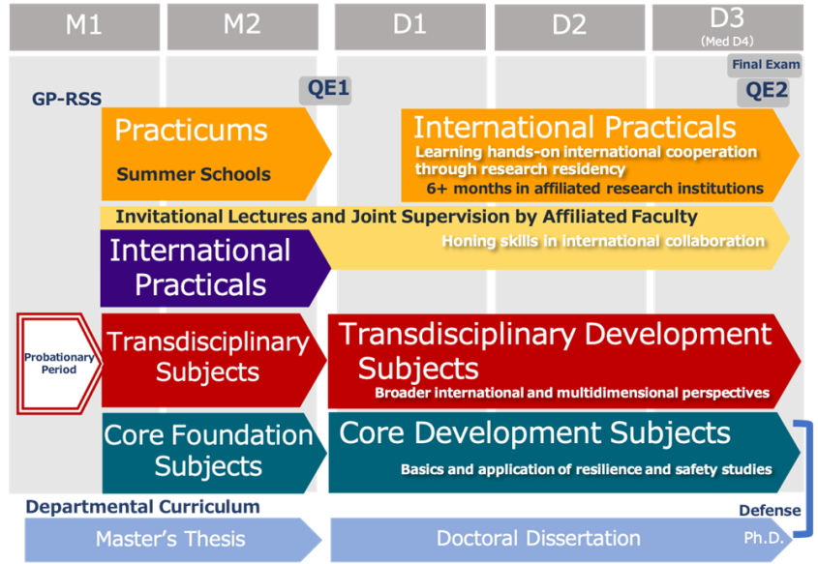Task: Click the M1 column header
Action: coord(84,27)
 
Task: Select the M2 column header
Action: coord(243,27)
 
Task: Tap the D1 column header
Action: coord(410,27)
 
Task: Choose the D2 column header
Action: coord(569,27)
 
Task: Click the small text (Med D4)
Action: coord(727,42)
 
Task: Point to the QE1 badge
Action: coord(325,90)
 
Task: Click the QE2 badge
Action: coord(763,92)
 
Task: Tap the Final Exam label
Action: coord(766,65)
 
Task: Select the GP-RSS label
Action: coord(67,99)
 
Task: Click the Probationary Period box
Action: coord(59,364)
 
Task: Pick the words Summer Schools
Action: coord(194,174)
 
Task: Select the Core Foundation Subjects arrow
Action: coord(214,453)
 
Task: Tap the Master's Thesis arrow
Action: coord(173,539)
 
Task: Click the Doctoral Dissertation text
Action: coord(538,539)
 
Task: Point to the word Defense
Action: coord(770,511)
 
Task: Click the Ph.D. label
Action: coord(764,538)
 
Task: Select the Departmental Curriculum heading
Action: coord(143,507)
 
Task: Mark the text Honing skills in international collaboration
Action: coord(603,241)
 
